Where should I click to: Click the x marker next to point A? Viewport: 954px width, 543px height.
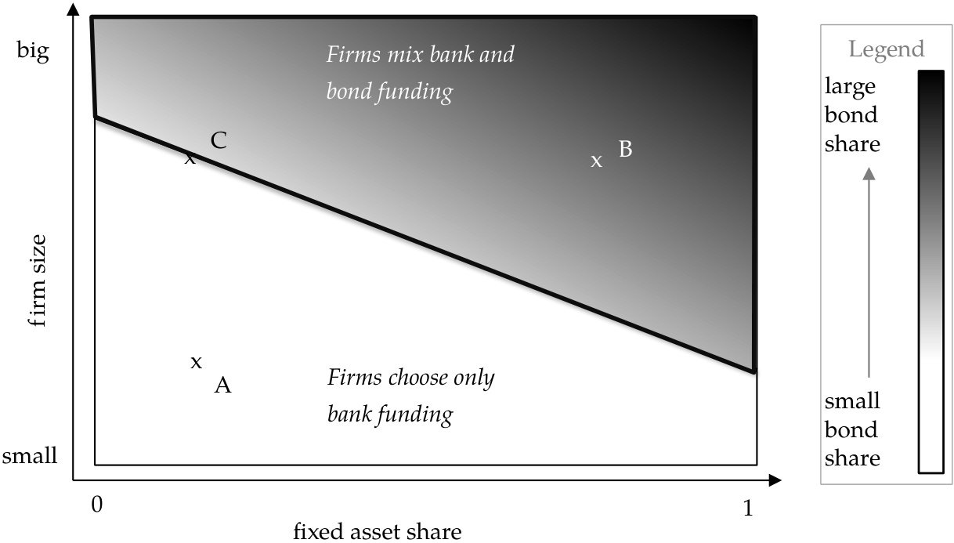[197, 362]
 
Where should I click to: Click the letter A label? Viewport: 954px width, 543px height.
[222, 385]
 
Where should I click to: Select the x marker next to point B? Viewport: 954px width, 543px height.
[597, 161]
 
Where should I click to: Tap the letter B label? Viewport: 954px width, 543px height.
[625, 149]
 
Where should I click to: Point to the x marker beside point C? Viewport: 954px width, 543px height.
[190, 159]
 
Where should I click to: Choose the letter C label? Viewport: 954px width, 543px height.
[219, 141]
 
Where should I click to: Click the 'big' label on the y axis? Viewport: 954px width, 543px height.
[33, 52]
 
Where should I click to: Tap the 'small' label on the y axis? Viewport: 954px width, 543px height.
[31, 457]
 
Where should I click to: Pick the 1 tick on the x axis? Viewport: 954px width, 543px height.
[748, 508]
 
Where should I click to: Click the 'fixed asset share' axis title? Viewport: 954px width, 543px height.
[377, 532]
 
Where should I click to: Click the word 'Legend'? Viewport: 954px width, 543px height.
[887, 50]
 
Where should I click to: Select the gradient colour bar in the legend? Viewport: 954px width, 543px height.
[931, 271]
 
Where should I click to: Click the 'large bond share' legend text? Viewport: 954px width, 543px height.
[851, 114]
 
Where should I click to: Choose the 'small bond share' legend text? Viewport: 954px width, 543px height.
[852, 429]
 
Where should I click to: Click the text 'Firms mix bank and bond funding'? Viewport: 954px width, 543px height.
[420, 74]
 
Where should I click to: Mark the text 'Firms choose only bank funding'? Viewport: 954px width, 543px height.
[410, 396]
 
